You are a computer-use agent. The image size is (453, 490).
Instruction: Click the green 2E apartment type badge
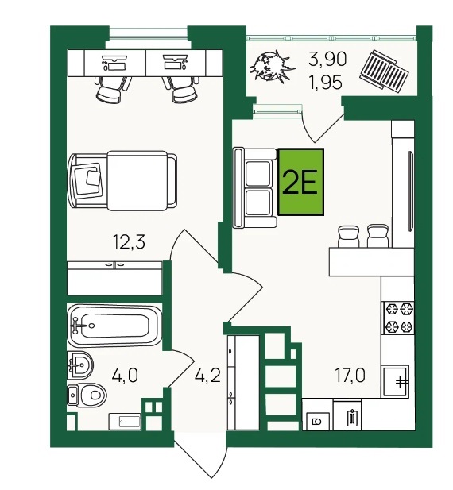(x=300, y=182)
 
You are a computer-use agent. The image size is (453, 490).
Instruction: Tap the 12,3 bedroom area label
(x=129, y=242)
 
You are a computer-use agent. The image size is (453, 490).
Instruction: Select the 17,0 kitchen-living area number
(x=350, y=375)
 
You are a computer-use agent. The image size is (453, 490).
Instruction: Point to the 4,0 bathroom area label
(x=125, y=375)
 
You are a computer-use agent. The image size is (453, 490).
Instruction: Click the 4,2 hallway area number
(x=207, y=375)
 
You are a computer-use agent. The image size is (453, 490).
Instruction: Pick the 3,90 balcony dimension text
(x=327, y=59)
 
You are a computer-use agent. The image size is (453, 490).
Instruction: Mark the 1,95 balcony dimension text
(x=326, y=83)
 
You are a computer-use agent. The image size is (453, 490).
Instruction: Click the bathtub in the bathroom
(x=114, y=326)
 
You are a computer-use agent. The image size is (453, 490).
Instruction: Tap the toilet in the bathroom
(x=87, y=395)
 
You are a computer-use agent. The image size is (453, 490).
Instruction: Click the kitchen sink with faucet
(x=395, y=381)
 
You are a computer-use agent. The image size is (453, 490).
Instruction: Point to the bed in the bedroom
(x=122, y=180)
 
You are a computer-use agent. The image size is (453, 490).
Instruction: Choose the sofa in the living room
(x=255, y=187)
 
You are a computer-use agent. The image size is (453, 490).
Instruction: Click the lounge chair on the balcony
(x=384, y=72)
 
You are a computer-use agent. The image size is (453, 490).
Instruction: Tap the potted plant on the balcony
(x=271, y=68)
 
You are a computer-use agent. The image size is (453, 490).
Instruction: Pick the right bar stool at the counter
(x=378, y=236)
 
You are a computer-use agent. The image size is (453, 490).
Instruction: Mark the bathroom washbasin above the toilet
(x=80, y=365)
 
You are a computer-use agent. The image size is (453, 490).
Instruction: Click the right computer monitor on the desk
(x=176, y=62)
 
